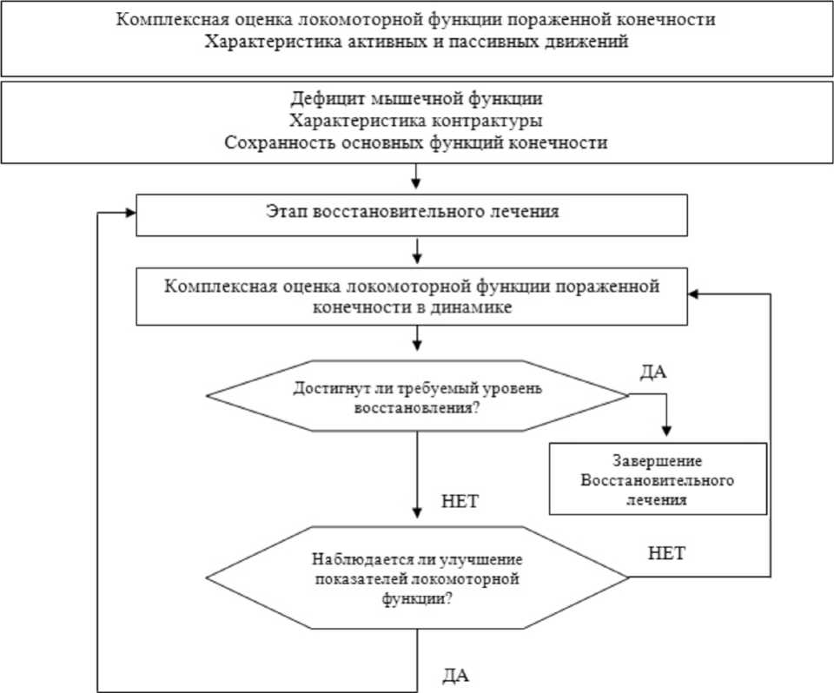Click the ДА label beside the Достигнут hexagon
pyautogui.click(x=652, y=373)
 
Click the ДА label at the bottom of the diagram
pyautogui.click(x=457, y=675)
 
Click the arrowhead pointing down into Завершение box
pyautogui.click(x=667, y=432)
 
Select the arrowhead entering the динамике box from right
pyautogui.click(x=693, y=294)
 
